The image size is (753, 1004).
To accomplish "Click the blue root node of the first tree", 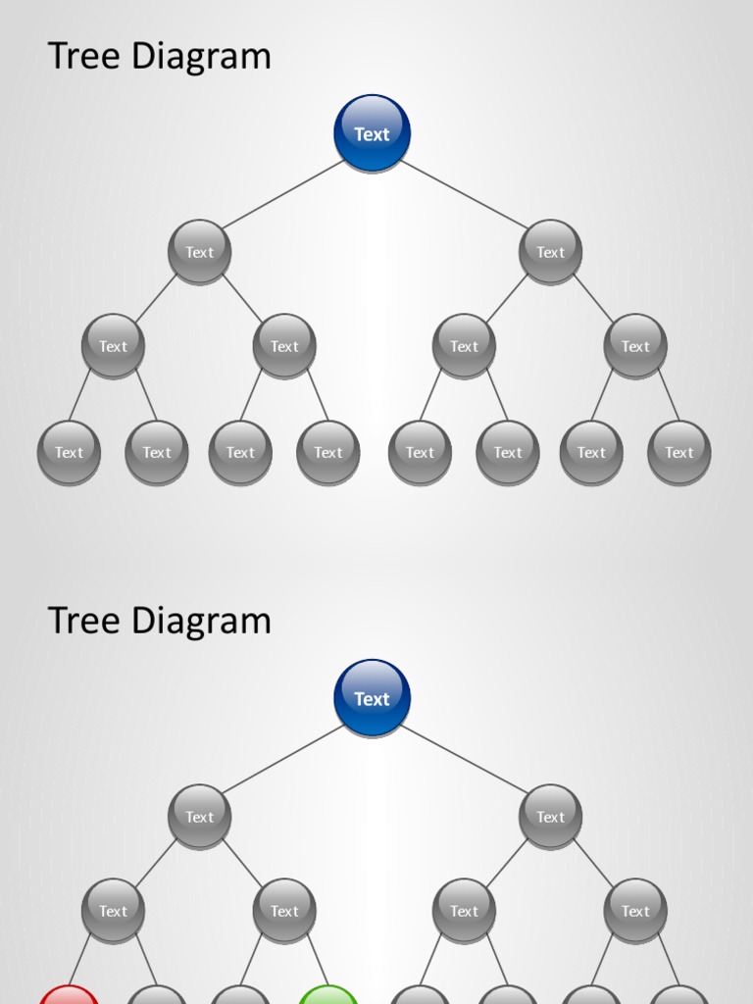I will point(372,133).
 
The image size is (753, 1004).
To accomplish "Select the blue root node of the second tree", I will point(372,698).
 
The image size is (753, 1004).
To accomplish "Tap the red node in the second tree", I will point(69,994).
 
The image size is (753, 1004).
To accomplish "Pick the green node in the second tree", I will point(327,994).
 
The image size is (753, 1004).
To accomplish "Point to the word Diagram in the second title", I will point(201,621).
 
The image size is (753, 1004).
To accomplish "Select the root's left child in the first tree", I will point(199,252).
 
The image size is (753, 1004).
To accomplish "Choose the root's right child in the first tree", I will point(550,252).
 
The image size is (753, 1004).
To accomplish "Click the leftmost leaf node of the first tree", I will point(69,452).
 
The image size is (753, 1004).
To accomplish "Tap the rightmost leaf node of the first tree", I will point(678,452).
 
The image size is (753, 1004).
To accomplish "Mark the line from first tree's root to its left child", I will point(284,193).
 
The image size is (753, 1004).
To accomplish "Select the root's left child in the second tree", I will point(199,817).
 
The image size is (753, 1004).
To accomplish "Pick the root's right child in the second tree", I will point(550,817).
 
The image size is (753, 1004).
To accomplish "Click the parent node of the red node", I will point(113,911).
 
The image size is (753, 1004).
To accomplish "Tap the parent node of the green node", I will point(284,911).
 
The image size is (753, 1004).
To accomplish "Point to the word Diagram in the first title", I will point(201,56).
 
